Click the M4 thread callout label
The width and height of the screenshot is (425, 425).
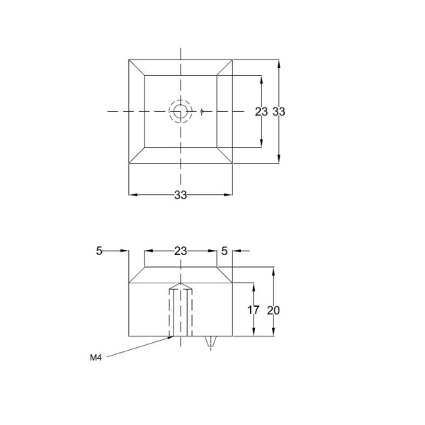(x=96, y=358)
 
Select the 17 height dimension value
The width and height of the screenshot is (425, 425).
(x=254, y=310)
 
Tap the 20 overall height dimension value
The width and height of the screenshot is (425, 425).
(x=273, y=310)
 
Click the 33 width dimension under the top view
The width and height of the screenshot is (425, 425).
(x=181, y=195)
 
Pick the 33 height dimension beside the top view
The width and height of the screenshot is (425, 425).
(x=278, y=111)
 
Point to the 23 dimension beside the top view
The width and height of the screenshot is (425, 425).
(x=261, y=111)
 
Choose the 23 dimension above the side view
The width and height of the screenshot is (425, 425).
(x=181, y=251)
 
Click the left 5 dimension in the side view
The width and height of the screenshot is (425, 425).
(x=99, y=251)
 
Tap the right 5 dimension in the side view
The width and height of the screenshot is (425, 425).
(x=224, y=251)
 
